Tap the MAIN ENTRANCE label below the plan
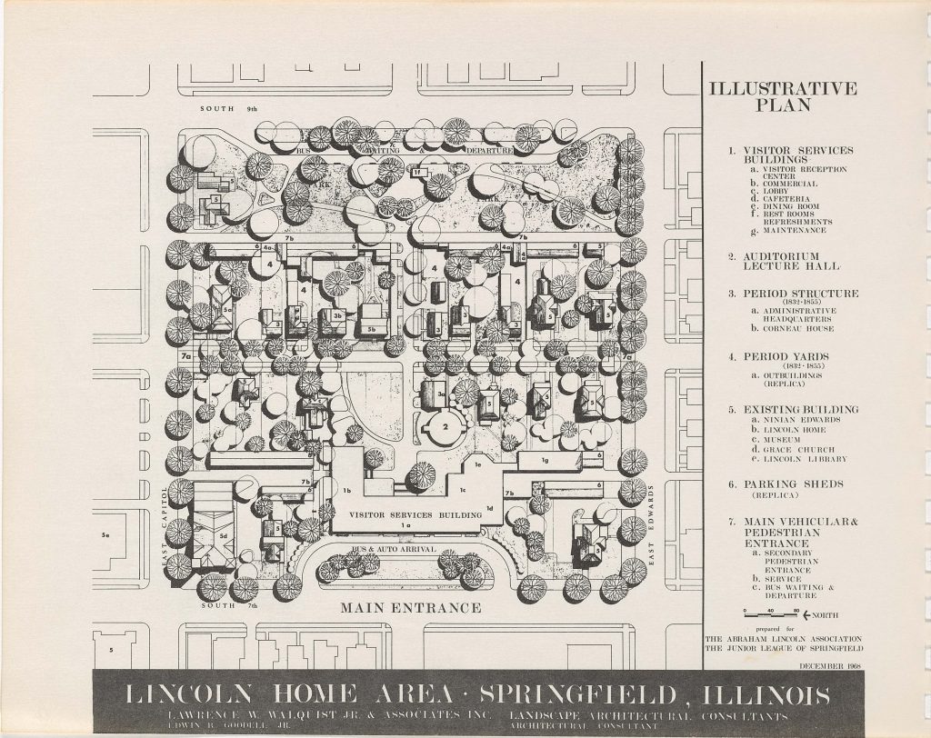coord(411,607)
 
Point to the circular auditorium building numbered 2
coord(446,425)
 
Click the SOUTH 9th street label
coord(229,110)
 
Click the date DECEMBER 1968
coord(832,666)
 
